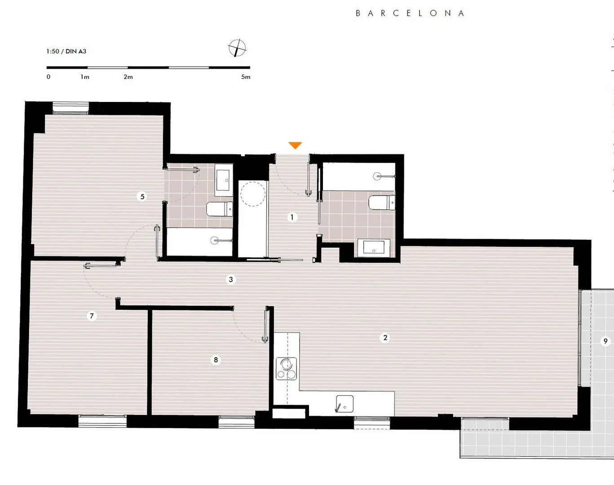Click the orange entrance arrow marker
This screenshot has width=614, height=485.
[x=295, y=145]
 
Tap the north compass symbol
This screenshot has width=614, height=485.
[x=237, y=48]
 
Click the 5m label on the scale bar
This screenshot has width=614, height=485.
[x=246, y=77]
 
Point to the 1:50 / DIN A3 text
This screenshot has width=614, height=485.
[x=66, y=51]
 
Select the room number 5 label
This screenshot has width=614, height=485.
[x=142, y=196]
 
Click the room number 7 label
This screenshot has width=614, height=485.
[x=92, y=316]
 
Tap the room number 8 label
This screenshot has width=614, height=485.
[x=216, y=360]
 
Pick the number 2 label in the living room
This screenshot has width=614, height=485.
[x=385, y=338]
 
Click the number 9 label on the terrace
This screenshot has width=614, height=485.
[x=605, y=341]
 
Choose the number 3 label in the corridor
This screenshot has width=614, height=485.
[x=231, y=279]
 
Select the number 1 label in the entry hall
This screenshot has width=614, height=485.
[x=292, y=217]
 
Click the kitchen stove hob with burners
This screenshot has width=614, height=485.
[x=286, y=369]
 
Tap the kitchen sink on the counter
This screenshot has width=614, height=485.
[x=345, y=404]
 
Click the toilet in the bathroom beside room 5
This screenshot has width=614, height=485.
[x=219, y=209]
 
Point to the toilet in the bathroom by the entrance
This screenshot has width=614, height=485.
[x=382, y=202]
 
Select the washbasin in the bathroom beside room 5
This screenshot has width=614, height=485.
[x=224, y=181]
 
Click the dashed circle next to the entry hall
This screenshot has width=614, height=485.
[x=253, y=194]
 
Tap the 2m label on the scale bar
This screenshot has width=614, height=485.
[x=128, y=77]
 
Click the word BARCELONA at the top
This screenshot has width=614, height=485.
[x=410, y=13]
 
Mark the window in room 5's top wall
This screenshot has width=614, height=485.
[x=71, y=108]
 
